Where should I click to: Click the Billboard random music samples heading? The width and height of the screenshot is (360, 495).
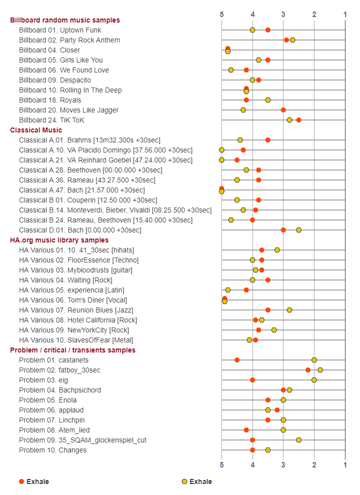[65, 20]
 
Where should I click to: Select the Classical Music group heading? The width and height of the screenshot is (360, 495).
[36, 130]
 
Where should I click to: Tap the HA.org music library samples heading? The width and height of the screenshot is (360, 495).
[59, 240]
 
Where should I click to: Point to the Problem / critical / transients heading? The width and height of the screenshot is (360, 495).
[72, 350]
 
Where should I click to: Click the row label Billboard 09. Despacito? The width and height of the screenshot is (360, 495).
[55, 80]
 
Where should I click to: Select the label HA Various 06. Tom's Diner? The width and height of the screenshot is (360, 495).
[73, 300]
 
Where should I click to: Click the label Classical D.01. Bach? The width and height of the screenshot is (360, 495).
[80, 230]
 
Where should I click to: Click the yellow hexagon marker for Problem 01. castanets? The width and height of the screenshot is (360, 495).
[314, 360]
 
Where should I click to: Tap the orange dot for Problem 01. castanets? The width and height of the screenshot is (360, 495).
[237, 360]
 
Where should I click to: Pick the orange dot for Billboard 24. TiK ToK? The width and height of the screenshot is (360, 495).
[298, 120]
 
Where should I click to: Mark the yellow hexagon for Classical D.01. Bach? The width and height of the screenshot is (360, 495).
[298, 230]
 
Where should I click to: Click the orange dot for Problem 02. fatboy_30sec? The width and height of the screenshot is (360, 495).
[308, 370]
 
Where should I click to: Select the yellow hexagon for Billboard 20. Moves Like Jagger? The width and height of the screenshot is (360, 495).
[243, 110]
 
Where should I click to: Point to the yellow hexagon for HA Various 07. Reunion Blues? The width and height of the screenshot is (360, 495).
[289, 310]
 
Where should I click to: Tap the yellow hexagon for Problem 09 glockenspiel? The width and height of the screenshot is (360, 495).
[298, 440]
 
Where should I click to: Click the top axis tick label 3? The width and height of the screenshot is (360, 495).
[283, 14]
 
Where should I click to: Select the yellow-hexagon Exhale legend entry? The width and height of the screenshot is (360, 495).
[197, 481]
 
